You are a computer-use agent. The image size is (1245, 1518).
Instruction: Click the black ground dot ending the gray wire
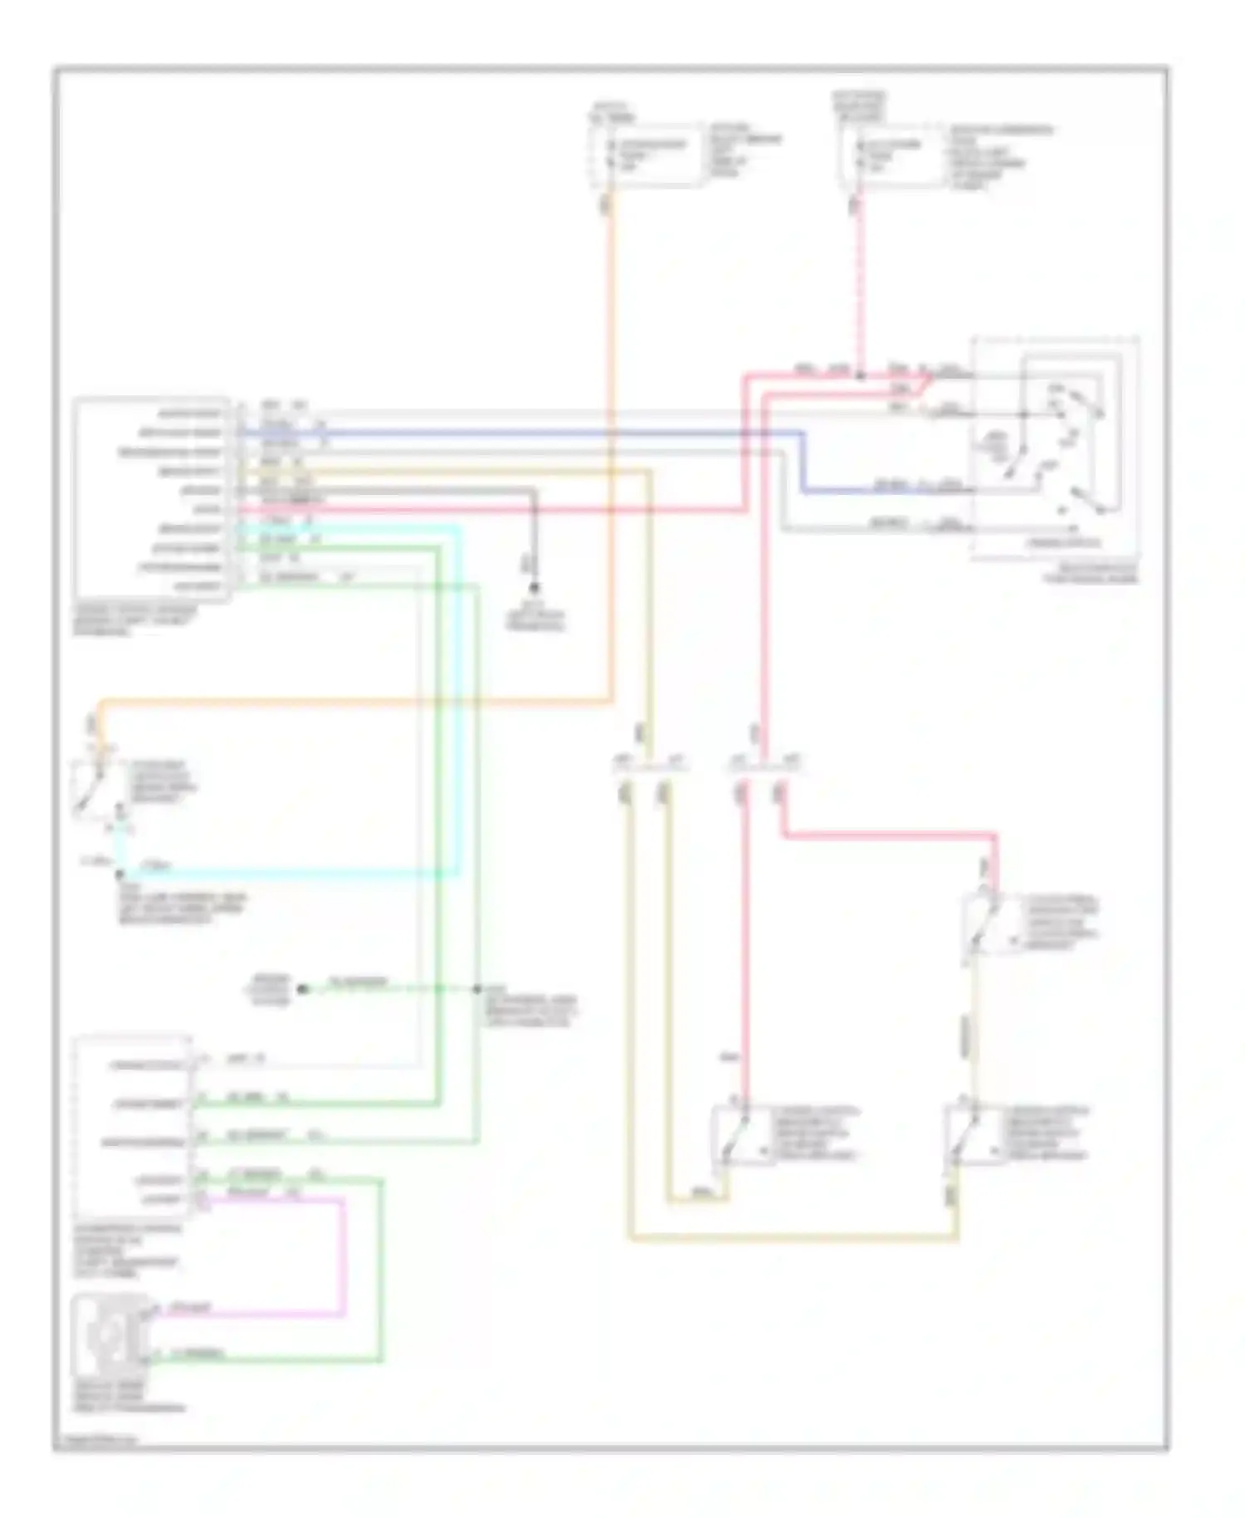[x=535, y=587]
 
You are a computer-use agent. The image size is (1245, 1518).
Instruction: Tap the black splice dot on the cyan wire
[x=120, y=874]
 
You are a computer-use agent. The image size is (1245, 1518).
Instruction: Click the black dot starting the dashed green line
[x=303, y=989]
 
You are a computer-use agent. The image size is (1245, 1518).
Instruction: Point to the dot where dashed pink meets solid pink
[x=861, y=375]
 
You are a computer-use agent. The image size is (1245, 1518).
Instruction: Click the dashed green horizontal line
[x=390, y=989]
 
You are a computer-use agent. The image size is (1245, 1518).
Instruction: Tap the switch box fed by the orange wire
[x=93, y=786]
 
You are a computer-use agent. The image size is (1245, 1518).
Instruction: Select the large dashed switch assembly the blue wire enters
[x=1054, y=448]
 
